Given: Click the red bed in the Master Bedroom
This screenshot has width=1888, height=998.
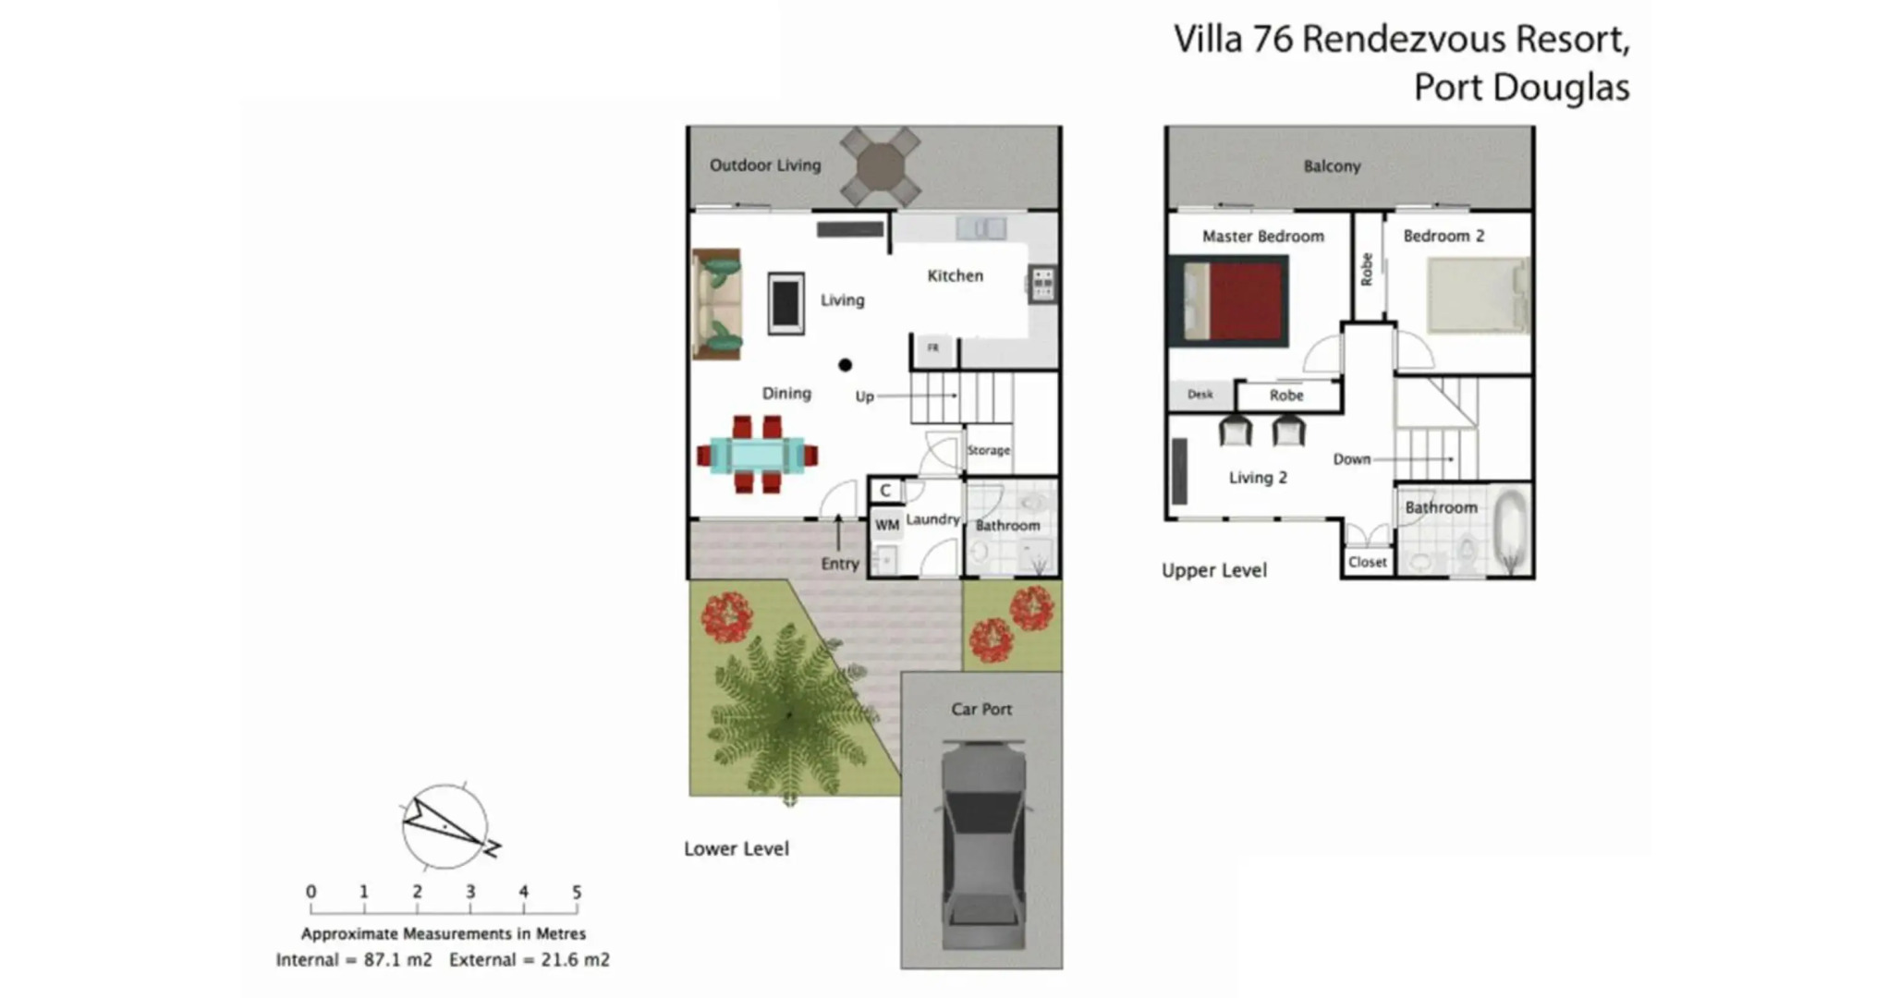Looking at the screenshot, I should click(x=1236, y=300).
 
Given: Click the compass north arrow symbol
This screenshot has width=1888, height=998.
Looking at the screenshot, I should click(x=445, y=826).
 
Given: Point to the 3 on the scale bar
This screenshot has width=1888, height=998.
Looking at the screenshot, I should click(x=470, y=892).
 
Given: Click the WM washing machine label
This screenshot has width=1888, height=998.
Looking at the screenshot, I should click(x=887, y=525).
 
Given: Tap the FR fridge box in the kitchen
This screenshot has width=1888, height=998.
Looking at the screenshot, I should click(x=933, y=348).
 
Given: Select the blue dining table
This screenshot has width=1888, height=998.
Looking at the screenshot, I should click(x=758, y=455).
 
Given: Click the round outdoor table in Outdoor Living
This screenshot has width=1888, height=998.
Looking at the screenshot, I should click(x=880, y=166).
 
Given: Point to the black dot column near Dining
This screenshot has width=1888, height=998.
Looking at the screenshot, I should click(x=845, y=365).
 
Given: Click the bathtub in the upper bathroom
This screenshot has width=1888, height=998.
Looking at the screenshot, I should click(x=1511, y=531).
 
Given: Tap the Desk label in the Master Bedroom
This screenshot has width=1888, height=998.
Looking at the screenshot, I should click(x=1200, y=395).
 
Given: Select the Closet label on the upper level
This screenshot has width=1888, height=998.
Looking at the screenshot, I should click(x=1367, y=562).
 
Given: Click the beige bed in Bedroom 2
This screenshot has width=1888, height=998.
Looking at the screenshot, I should click(x=1477, y=295).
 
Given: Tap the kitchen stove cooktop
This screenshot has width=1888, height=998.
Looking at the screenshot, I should click(x=1042, y=284).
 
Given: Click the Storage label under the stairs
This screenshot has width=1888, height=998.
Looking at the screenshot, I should click(x=989, y=450).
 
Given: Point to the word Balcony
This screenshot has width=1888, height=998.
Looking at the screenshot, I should click(x=1332, y=166).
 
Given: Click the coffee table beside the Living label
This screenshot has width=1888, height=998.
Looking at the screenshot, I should click(x=786, y=302).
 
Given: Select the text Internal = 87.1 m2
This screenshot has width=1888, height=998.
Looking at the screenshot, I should click(x=354, y=960).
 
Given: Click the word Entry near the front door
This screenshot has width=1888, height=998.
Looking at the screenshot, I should click(x=840, y=564).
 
